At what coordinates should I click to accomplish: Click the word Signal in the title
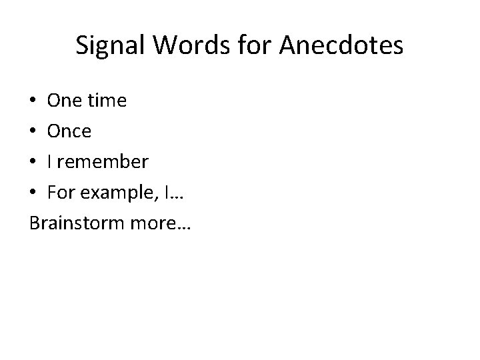tap(107, 45)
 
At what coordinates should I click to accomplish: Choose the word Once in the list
tap(69, 132)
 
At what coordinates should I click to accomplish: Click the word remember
tap(103, 163)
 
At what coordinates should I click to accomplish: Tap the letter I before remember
tap(49, 163)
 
